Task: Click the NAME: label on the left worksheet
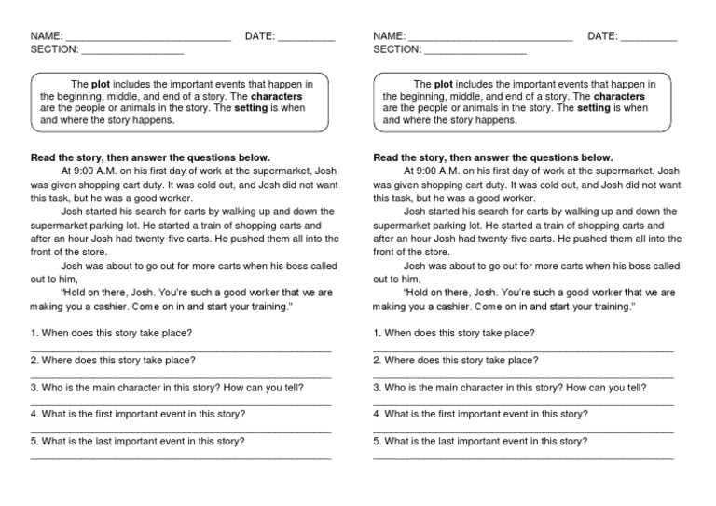pos(45,36)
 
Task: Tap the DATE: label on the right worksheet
pos(602,36)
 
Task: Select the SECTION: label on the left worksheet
pos(54,50)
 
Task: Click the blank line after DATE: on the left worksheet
pos(307,39)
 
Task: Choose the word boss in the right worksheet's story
pos(634,266)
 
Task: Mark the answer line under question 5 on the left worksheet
pos(181,458)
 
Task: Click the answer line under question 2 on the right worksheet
pos(523,376)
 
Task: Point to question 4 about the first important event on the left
pos(138,414)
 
